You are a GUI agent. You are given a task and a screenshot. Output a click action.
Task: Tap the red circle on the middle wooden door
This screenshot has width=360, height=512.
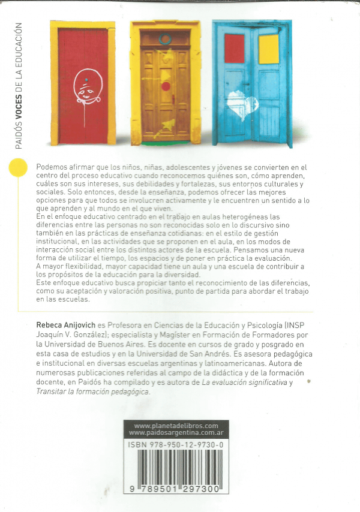(x=166, y=86)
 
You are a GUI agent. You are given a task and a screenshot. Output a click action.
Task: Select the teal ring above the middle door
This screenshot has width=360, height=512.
(x=165, y=40)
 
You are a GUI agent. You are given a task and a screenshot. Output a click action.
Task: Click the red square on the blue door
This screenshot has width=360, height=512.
(x=235, y=49)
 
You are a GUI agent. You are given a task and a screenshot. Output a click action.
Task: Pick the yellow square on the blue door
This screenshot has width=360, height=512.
(x=268, y=49)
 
